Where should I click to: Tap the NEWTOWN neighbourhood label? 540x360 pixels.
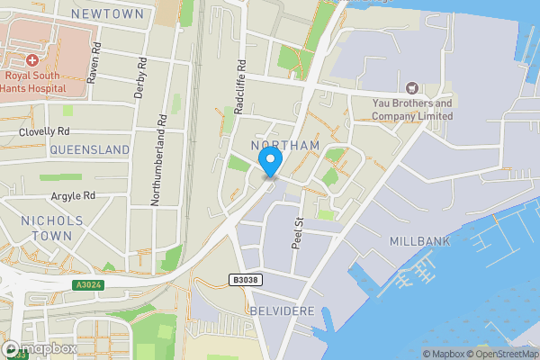(107, 14)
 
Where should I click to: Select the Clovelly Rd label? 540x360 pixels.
(44, 132)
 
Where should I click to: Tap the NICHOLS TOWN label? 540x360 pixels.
(51, 228)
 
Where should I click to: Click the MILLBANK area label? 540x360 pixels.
(418, 241)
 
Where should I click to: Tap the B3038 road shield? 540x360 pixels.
(246, 280)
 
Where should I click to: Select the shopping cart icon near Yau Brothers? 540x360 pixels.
(412, 87)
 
